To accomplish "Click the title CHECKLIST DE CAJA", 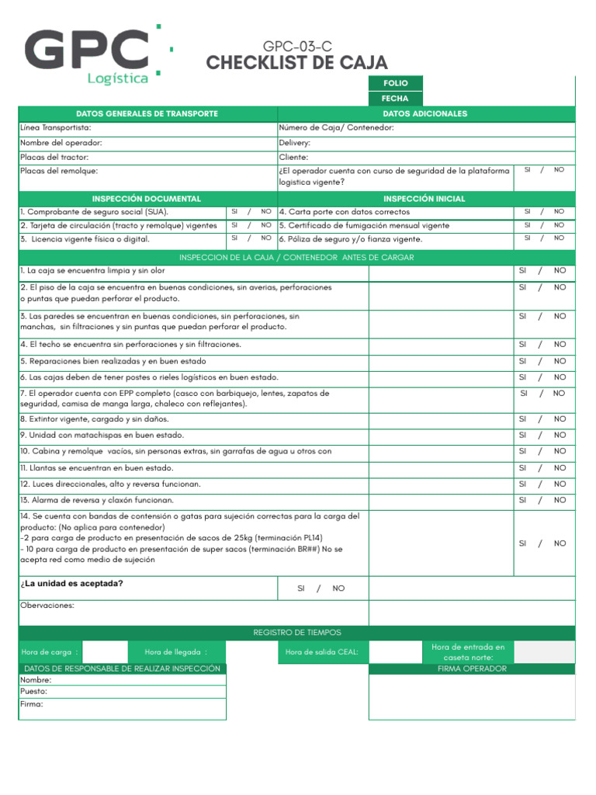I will [x=296, y=63].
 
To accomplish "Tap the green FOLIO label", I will [x=395, y=83].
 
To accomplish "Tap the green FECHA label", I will [x=395, y=99].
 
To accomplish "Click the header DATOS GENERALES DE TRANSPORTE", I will [x=147, y=114].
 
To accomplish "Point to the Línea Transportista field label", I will [x=56, y=127].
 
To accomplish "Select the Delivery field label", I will [x=295, y=143].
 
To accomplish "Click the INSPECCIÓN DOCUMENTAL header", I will [x=147, y=199].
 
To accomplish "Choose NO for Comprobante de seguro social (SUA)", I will [x=266, y=211].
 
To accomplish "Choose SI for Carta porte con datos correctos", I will [x=527, y=211].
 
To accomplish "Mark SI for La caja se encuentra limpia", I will [x=522, y=271].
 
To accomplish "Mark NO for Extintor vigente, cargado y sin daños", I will [x=560, y=419].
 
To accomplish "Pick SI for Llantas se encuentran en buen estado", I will [x=522, y=468].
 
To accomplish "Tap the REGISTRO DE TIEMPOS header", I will [x=297, y=633].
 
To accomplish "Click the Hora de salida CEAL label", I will [x=321, y=652].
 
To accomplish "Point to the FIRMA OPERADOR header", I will [x=472, y=668].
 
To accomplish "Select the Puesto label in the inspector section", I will [x=34, y=691].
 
